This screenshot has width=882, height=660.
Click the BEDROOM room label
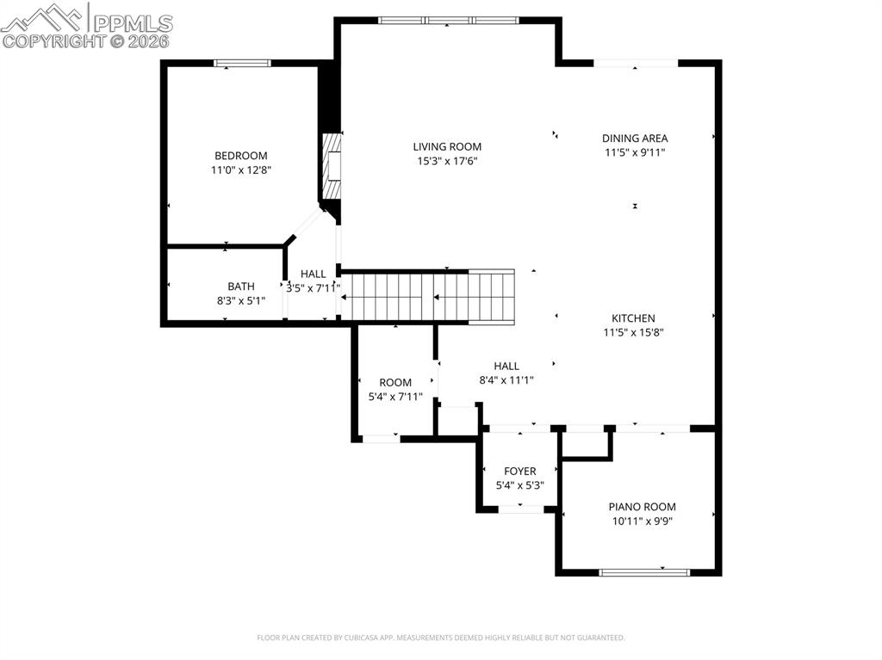click(x=240, y=156)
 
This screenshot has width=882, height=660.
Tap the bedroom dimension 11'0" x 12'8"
click(x=240, y=170)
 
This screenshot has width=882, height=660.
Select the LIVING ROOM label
click(x=447, y=147)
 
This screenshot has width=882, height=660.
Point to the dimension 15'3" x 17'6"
click(x=447, y=161)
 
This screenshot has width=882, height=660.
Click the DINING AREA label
click(x=635, y=138)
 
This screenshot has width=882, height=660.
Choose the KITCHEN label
click(x=633, y=318)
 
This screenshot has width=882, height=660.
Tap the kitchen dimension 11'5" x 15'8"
click(x=633, y=332)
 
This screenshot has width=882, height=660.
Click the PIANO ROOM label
click(x=642, y=507)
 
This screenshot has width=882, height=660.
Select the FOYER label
click(x=519, y=472)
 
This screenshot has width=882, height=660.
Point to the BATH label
click(x=241, y=287)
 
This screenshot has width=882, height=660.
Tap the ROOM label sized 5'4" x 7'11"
click(x=395, y=382)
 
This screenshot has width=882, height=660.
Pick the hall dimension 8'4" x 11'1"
click(x=506, y=379)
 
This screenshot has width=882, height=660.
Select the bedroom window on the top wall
click(x=243, y=63)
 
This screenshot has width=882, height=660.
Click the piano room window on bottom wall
click(x=644, y=571)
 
